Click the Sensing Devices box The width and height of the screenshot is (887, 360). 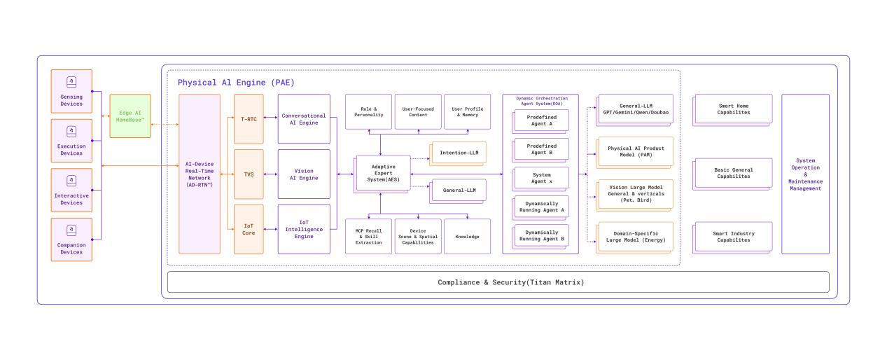click(71, 93)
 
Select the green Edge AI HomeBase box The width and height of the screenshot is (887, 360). click(130, 116)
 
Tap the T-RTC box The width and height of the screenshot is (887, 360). click(249, 119)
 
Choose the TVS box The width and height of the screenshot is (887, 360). click(249, 174)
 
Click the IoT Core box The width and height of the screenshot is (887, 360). click(249, 229)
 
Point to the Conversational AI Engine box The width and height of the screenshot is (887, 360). click(304, 119)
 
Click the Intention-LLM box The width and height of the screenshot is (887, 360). click(459, 153)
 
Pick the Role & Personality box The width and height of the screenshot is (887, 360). click(368, 112)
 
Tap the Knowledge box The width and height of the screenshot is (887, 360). click(467, 237)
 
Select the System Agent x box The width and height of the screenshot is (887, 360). click(542, 178)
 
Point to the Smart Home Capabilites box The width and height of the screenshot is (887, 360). click(733, 109)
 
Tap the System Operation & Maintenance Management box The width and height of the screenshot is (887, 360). click(805, 174)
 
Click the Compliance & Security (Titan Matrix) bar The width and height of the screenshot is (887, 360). click(498, 282)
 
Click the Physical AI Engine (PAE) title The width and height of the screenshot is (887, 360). click(236, 83)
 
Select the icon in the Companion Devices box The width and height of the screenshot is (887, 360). click(71, 230)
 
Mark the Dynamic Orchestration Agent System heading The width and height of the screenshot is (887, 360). click(540, 101)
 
